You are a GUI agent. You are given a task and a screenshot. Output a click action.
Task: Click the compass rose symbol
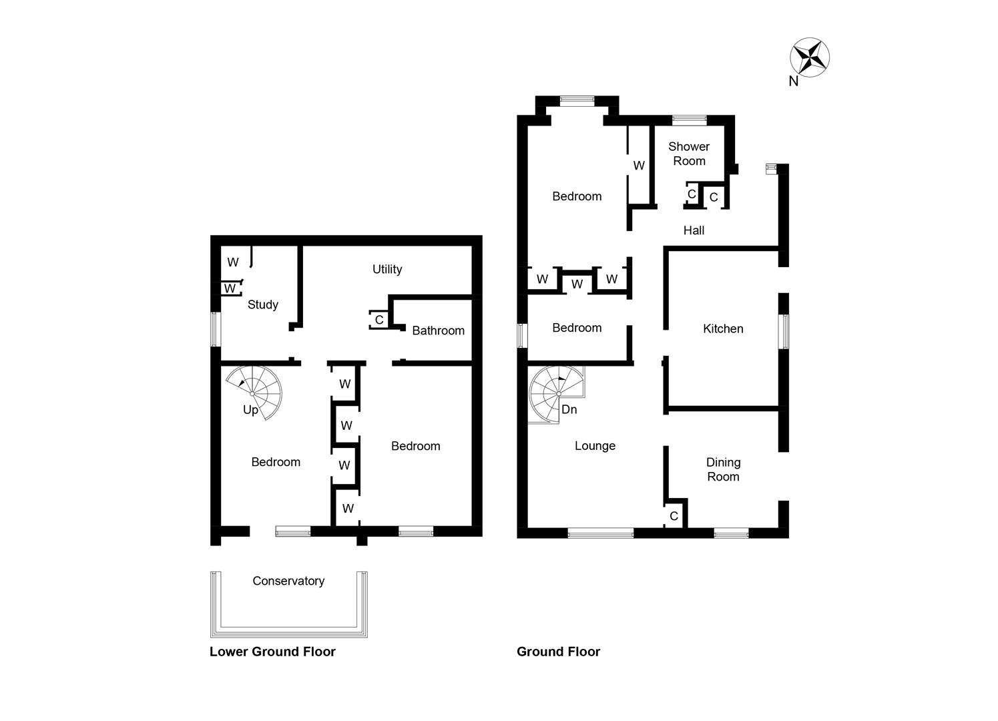click(x=810, y=57)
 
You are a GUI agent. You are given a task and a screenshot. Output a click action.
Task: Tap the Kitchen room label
click(x=723, y=328)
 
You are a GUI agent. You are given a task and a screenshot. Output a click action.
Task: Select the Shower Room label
click(x=689, y=154)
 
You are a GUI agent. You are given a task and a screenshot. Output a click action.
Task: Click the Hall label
click(x=694, y=230)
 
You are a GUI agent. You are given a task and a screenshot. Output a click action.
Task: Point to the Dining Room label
click(x=723, y=469)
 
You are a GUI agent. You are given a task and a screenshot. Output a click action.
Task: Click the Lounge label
click(x=595, y=446)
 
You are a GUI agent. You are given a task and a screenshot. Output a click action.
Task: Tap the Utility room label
click(x=387, y=269)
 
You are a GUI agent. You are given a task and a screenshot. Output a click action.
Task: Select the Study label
click(x=262, y=304)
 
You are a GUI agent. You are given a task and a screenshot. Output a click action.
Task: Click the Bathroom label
click(x=438, y=330)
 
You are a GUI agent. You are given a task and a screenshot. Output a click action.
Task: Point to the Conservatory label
click(x=288, y=581)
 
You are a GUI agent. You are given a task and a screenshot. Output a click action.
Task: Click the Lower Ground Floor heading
click(x=272, y=652)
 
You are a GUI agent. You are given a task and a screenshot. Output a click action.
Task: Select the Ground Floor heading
click(x=558, y=652)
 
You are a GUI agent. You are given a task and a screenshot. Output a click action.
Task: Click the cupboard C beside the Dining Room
click(x=674, y=515)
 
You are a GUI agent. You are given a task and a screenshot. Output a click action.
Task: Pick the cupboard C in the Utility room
click(x=379, y=320)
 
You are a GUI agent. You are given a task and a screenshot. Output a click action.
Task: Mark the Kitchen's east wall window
click(x=784, y=331)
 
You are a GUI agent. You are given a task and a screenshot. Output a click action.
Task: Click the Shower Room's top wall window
click(x=689, y=120)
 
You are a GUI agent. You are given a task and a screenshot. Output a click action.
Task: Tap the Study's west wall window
click(x=215, y=329)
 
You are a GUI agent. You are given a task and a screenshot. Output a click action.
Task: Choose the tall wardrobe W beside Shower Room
click(x=639, y=166)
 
